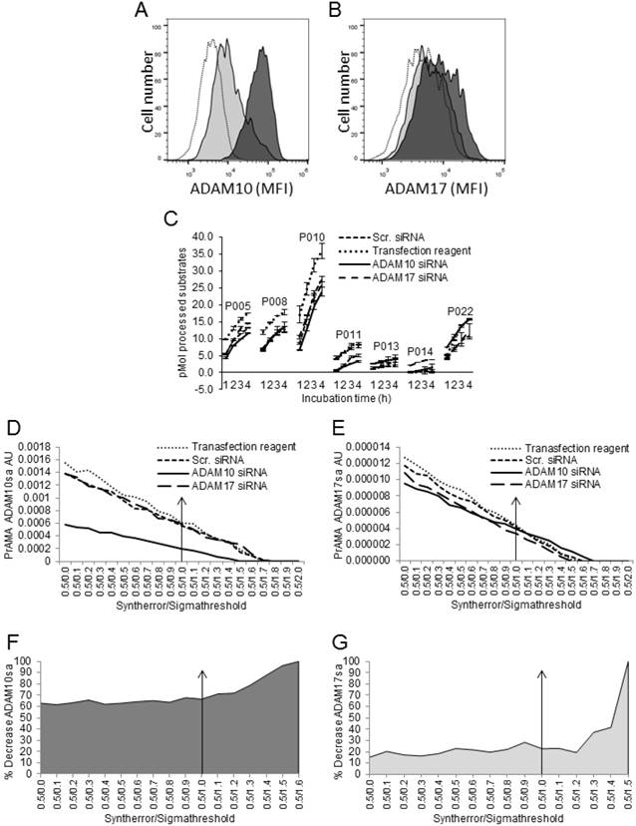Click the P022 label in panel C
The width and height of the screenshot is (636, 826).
click(x=461, y=310)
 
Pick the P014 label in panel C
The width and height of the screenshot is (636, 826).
click(x=421, y=352)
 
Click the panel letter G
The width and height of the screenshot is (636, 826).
click(x=334, y=625)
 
